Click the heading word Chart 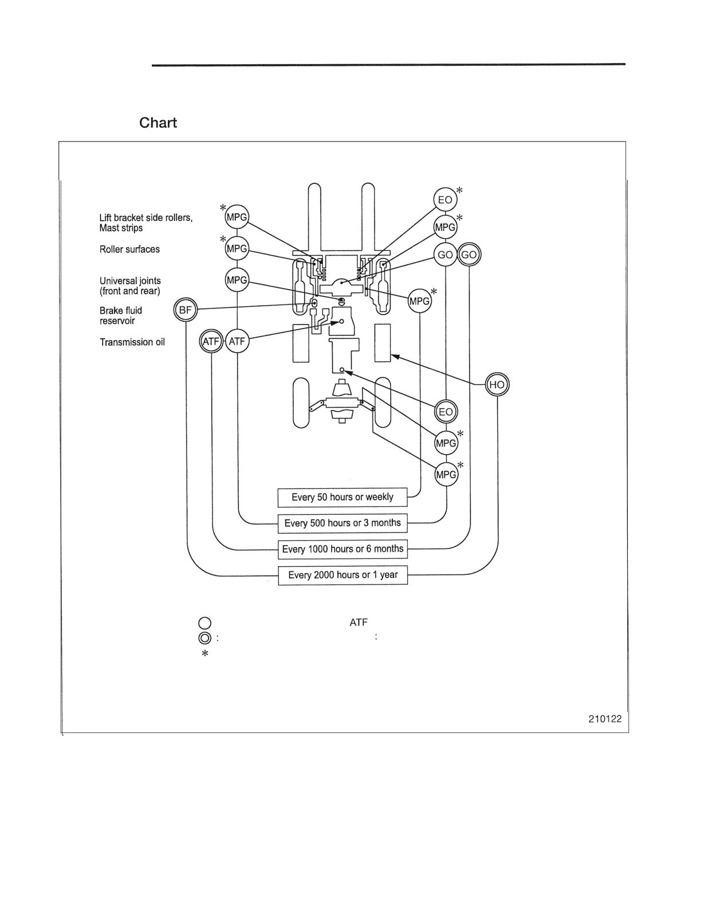pos(158,123)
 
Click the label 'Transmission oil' pos(132,342)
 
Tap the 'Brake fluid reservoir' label pos(121,315)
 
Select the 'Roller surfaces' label pos(129,250)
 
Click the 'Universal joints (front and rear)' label pos(130,286)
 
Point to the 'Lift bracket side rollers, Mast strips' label pos(146,223)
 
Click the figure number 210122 pos(605,718)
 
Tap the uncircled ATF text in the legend pos(358,622)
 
